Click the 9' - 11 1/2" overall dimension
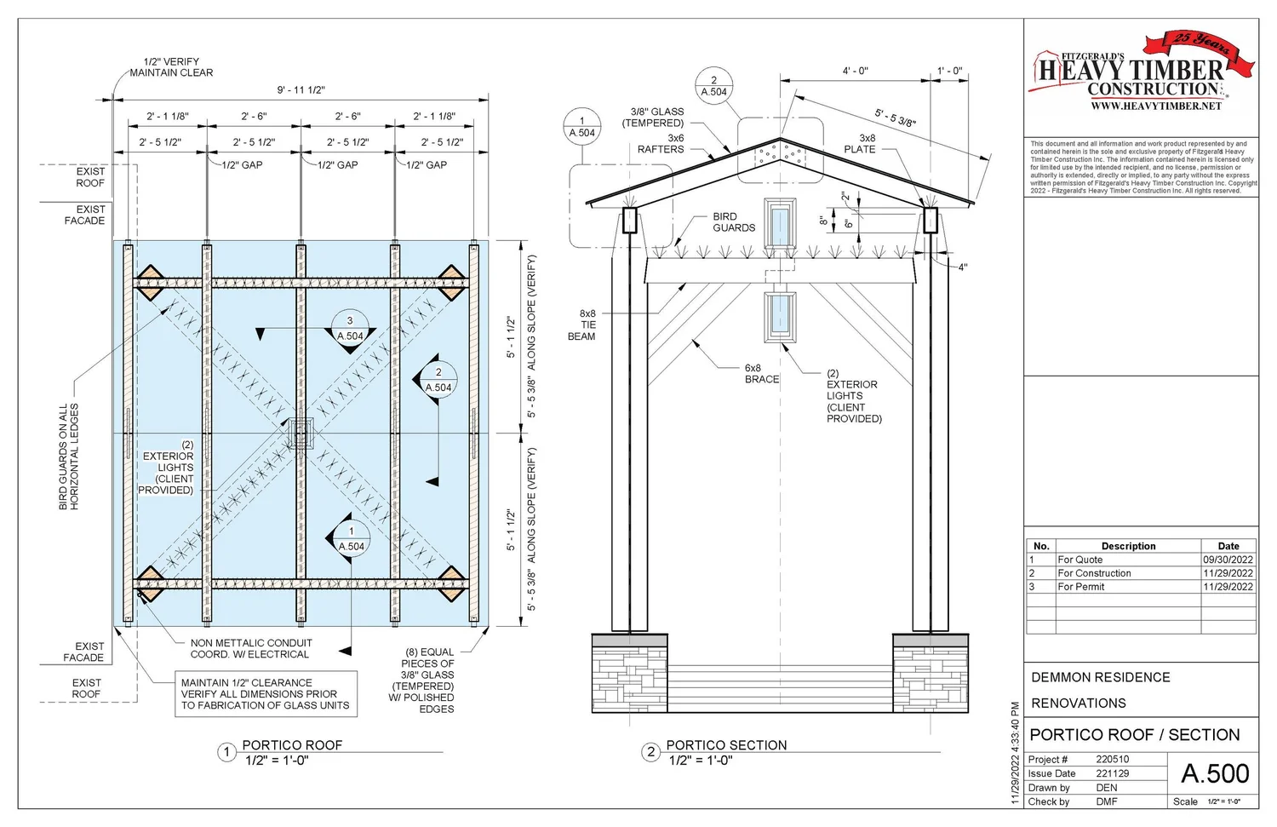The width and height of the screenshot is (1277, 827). click(301, 90)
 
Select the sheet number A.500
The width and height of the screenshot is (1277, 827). click(1215, 773)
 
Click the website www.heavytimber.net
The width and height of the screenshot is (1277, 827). click(1156, 106)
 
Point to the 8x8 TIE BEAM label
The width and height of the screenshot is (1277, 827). click(582, 325)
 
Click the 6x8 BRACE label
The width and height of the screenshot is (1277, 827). click(761, 374)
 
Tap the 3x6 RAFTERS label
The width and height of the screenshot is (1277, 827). click(661, 144)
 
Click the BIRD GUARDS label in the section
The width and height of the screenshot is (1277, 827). click(734, 222)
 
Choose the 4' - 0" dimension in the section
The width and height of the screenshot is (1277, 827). click(855, 72)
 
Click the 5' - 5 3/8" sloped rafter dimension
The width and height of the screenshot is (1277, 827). click(896, 118)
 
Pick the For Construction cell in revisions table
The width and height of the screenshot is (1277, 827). click(1094, 573)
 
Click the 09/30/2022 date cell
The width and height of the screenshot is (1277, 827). click(1228, 560)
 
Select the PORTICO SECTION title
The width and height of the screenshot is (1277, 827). click(726, 745)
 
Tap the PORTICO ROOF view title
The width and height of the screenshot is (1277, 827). click(292, 745)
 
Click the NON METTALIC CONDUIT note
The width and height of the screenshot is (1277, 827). click(251, 649)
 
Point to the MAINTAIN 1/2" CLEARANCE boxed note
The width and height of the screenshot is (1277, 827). click(265, 694)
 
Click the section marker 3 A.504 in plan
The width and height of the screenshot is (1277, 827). click(350, 329)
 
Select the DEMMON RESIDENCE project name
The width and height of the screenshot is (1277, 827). click(1100, 678)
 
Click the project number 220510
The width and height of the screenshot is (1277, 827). click(1112, 760)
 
